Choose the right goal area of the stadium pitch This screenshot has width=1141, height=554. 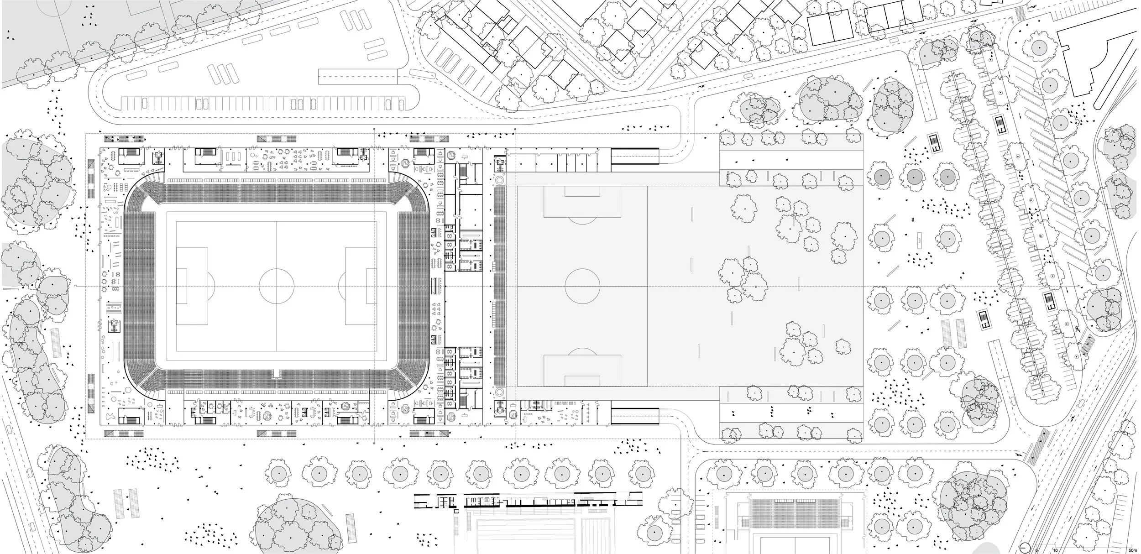pos(371,286)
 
